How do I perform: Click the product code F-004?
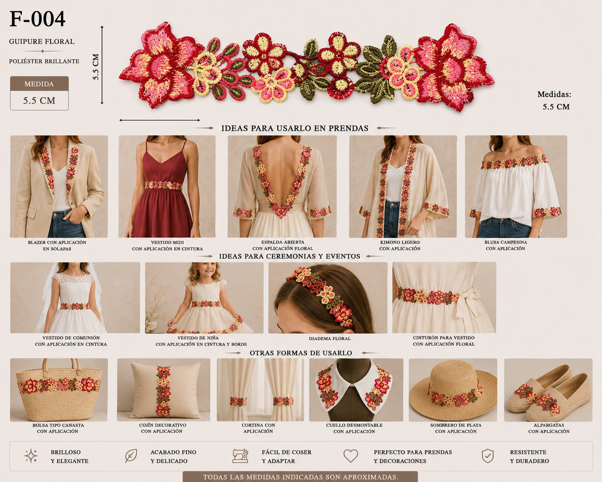37,19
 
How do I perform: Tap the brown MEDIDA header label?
39,84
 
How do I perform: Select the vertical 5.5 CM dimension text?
96,67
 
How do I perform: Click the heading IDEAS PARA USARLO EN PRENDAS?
295,128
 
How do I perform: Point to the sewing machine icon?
240,456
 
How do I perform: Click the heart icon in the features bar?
350,456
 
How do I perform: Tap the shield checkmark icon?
488,456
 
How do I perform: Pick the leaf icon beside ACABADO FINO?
131,456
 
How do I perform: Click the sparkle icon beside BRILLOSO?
31,456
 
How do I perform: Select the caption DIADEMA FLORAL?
329,339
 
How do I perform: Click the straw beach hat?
453,390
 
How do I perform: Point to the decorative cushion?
165,390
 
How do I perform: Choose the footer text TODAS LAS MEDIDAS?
301,477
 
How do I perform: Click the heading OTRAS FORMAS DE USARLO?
301,353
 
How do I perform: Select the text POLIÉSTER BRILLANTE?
44,61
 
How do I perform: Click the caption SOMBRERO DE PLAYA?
456,425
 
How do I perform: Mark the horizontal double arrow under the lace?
159,120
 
